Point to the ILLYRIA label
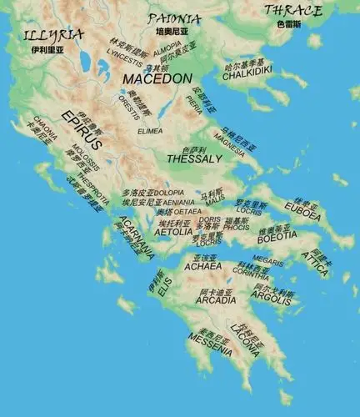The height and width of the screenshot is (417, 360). tap(54, 35)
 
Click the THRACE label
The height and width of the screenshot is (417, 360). tap(292, 11)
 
